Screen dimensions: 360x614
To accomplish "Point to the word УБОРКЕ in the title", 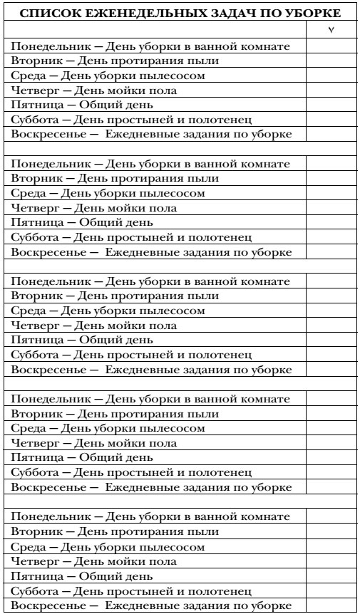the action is click(314, 14).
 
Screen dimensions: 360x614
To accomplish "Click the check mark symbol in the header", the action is click(331, 30).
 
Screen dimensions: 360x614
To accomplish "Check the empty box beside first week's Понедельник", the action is click(331, 46).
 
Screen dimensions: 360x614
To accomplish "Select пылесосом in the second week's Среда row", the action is click(173, 193).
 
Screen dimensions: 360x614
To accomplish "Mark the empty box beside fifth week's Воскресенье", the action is click(331, 605).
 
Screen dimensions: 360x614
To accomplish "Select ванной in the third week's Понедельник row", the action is click(212, 281).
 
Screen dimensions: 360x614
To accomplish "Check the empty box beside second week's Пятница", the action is click(331, 222).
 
